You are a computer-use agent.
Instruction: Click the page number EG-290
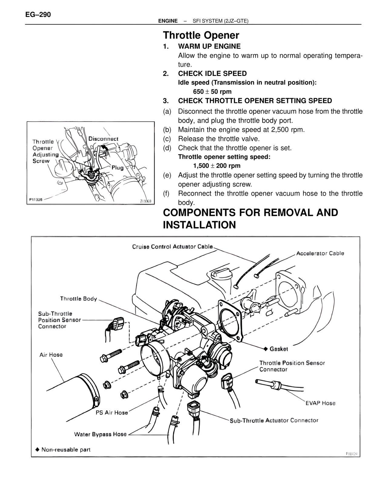38,15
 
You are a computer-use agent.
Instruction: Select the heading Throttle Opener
201,36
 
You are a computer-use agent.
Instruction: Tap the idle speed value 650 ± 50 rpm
212,92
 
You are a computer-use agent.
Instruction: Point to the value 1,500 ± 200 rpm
217,166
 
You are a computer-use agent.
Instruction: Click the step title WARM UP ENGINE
209,46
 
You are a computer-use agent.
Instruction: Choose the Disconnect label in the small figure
103,139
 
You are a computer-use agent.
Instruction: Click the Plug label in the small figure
118,167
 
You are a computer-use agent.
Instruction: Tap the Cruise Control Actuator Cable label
172,247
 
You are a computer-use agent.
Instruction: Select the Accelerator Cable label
320,253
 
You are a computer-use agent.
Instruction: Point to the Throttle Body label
79,299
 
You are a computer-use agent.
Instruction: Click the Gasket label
278,349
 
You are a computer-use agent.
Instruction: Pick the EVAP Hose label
320,403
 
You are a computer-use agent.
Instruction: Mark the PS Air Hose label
112,412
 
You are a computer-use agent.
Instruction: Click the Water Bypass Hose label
100,434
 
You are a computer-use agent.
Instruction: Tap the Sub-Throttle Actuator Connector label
274,420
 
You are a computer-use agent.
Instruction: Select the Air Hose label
51,355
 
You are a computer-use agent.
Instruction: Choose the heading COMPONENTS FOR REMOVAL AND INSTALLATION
250,219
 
